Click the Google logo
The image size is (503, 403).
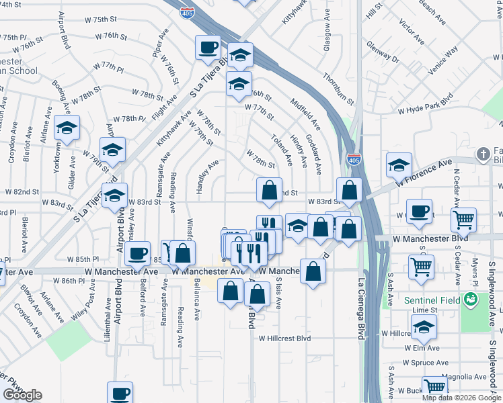coord(23,395)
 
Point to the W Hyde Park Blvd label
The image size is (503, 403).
coord(425,103)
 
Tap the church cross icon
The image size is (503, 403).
coord(482,154)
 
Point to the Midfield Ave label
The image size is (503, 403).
coord(305,114)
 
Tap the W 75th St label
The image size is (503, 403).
coord(91,20)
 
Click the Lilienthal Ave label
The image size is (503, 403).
coord(108,318)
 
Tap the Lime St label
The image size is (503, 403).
coord(425,310)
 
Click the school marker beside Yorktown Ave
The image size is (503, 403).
coord(67,129)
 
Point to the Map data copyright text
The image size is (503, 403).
coord(461,398)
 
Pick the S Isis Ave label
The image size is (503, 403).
coord(278,293)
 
